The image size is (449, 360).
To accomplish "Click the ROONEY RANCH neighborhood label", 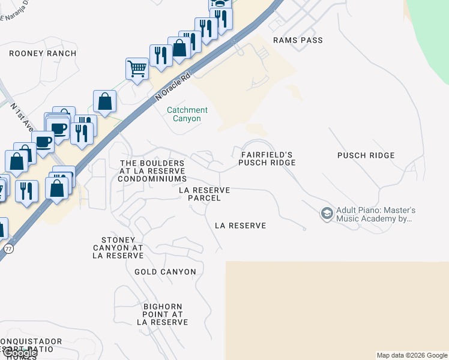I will point(43,53).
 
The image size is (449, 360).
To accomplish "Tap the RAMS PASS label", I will point(298,40).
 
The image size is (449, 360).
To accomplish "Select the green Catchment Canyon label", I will point(187,114).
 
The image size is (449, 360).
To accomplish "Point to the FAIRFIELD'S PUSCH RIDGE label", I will point(268,159).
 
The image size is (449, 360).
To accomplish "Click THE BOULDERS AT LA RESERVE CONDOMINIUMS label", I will point(152,171).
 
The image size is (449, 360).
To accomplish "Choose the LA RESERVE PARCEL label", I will point(205,194).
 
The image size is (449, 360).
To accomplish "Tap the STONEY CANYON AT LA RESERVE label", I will point(118,247).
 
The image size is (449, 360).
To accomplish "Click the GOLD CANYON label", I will point(165,272).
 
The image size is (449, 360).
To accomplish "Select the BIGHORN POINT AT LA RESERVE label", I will point(163,314).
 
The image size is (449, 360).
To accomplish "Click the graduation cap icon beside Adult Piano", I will point(327,214).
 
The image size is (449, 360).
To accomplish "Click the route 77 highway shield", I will point(8,248).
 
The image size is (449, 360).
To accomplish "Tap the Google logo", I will point(19,353).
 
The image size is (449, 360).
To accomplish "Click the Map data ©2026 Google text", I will point(411,355).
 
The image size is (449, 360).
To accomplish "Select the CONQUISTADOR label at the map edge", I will point(30,341).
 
